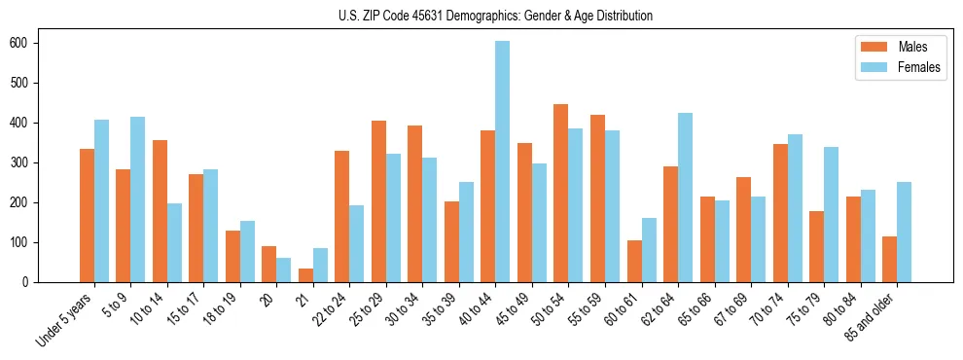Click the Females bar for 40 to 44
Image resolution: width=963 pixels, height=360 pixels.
click(x=503, y=162)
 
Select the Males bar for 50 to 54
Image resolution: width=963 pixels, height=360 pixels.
click(x=561, y=193)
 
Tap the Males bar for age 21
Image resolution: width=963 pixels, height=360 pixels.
click(x=305, y=275)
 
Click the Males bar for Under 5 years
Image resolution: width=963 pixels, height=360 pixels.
click(x=87, y=215)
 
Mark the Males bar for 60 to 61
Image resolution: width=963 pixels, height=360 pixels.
click(x=634, y=261)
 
